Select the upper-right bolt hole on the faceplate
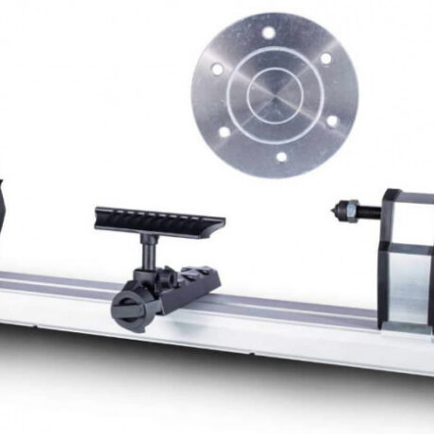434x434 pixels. coord(325,58)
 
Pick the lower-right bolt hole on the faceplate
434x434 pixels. coord(331,121)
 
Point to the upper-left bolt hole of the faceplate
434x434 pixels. coord(216,69)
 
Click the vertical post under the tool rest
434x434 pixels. coord(148,251)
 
